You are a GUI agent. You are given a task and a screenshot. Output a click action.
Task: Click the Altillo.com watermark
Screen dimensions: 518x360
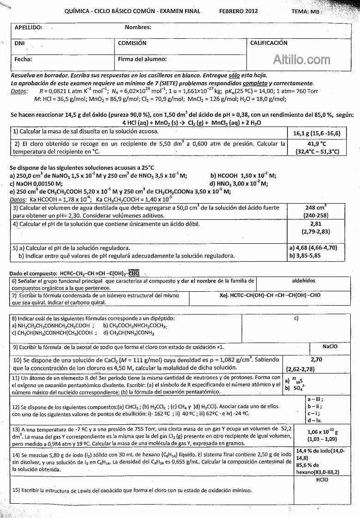pos(302,60)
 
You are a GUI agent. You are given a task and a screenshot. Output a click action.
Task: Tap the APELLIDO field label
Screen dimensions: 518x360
pos(29,27)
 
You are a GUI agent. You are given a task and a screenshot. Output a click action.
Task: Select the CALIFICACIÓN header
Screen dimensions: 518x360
pos(269,43)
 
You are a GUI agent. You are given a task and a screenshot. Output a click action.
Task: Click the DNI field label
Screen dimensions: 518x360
pos(19,43)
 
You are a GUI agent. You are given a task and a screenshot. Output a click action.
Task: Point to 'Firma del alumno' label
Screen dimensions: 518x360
pos(142,59)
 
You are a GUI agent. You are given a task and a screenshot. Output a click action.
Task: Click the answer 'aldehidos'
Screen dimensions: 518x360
pos(304,281)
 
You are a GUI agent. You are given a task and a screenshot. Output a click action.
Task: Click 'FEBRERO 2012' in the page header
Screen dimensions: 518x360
pos(238,11)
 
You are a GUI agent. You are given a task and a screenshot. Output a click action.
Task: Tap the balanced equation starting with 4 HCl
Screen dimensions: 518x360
pos(192,123)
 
